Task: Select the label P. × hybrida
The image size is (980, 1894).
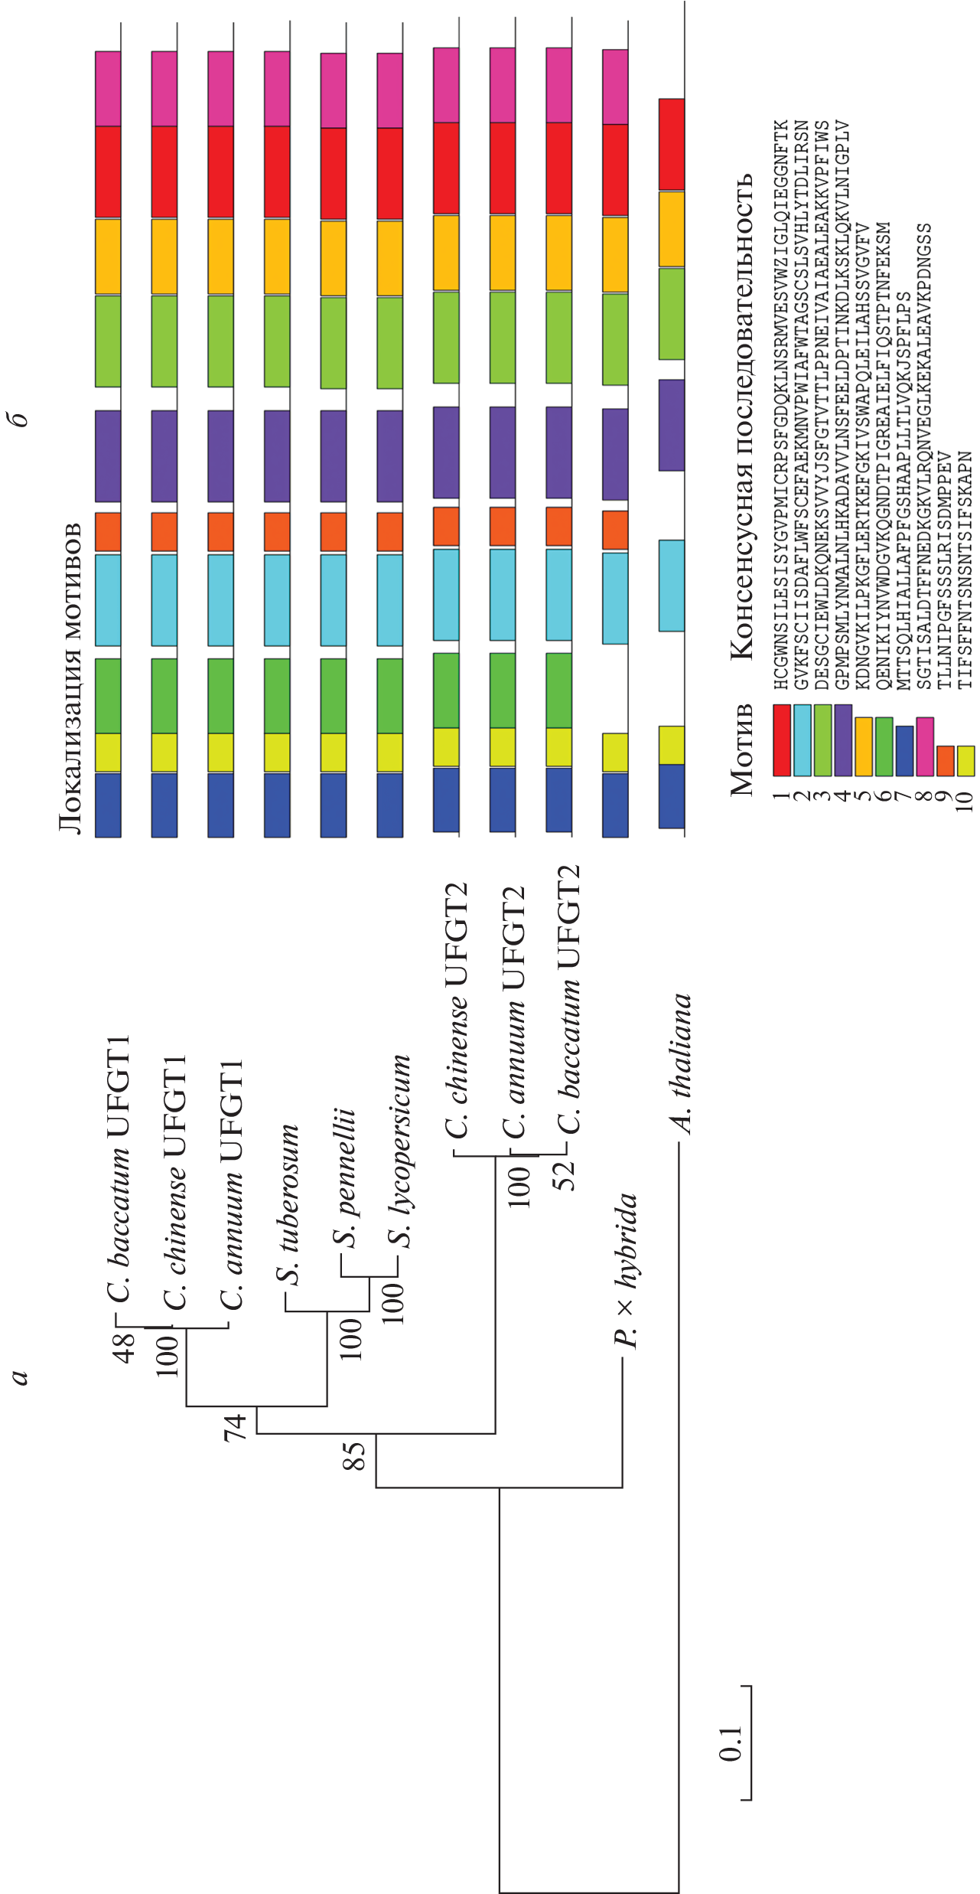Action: tap(625, 1270)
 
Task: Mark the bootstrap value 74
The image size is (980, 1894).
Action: tap(235, 1426)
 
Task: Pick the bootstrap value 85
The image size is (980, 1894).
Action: tap(354, 1455)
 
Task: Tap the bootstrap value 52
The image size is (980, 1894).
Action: tap(565, 1176)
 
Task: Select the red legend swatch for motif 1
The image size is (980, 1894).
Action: tap(781, 740)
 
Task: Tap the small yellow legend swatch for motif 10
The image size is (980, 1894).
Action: tap(965, 760)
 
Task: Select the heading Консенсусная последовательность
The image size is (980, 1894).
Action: tap(741, 417)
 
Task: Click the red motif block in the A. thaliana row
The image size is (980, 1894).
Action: tap(672, 145)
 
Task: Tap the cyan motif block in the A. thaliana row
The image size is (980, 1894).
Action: tap(672, 586)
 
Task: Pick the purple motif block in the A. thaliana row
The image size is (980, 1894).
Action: tap(672, 425)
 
